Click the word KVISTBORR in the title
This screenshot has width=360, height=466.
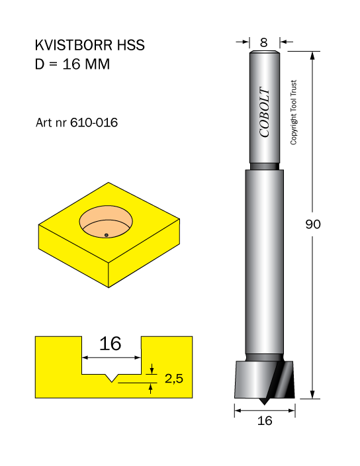73,45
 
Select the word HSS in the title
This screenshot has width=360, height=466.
130,45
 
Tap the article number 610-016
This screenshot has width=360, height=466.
94,122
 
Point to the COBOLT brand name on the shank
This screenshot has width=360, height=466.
264,112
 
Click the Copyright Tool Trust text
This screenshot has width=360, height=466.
293,113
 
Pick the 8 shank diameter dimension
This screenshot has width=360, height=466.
264,43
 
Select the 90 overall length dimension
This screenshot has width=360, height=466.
313,224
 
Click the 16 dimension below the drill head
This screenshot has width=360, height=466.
265,420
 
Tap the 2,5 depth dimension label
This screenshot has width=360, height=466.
174,379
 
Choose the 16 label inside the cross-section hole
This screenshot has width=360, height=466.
111,344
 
